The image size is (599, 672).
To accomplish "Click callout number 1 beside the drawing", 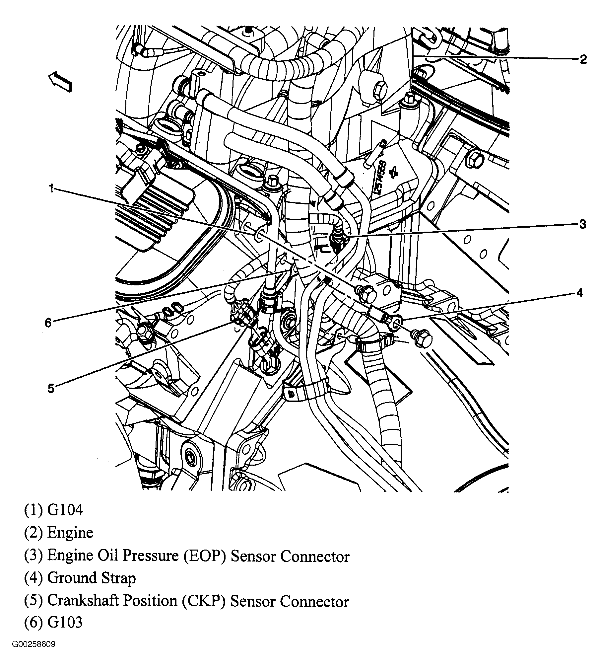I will click(x=51, y=189).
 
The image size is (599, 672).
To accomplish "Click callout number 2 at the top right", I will click(x=583, y=59).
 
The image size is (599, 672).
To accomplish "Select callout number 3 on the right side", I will click(x=583, y=224).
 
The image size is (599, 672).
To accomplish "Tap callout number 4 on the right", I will click(x=579, y=293).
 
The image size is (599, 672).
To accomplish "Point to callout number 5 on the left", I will click(x=51, y=388).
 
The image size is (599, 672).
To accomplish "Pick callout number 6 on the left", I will click(x=48, y=322).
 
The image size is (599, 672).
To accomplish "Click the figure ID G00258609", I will click(x=34, y=653).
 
